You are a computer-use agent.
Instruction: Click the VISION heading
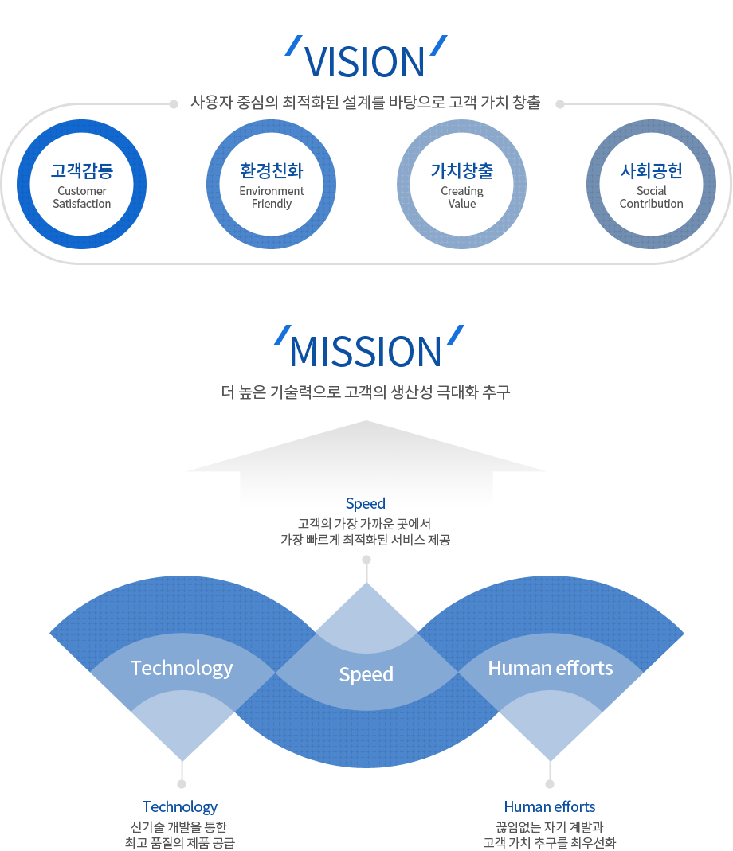tap(364, 62)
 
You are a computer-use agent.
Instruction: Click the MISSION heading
tap(366, 352)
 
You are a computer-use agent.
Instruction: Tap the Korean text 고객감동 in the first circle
tap(82, 171)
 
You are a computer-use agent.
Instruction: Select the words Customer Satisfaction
tap(82, 197)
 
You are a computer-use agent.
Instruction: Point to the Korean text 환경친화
tap(272, 171)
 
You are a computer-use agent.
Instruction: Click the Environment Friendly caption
tap(272, 197)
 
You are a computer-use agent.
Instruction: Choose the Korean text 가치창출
tap(462, 171)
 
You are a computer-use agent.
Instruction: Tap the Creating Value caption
tap(462, 197)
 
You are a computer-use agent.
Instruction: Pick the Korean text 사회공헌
tap(652, 171)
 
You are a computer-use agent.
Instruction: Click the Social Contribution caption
tap(652, 197)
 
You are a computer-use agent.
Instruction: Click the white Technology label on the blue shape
tap(182, 668)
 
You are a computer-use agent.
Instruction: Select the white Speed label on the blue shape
tap(366, 674)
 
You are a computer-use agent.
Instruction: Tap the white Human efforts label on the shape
tap(551, 668)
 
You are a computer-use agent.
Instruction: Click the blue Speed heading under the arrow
tap(366, 504)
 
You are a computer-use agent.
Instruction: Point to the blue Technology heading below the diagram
tap(180, 807)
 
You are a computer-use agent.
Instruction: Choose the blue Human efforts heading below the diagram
tap(550, 806)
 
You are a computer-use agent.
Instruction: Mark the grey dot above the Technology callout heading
tap(182, 783)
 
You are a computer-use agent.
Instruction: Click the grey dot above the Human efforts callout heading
tap(550, 783)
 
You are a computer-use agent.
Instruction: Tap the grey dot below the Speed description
tap(366, 560)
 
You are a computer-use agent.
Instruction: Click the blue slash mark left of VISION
tap(294, 45)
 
